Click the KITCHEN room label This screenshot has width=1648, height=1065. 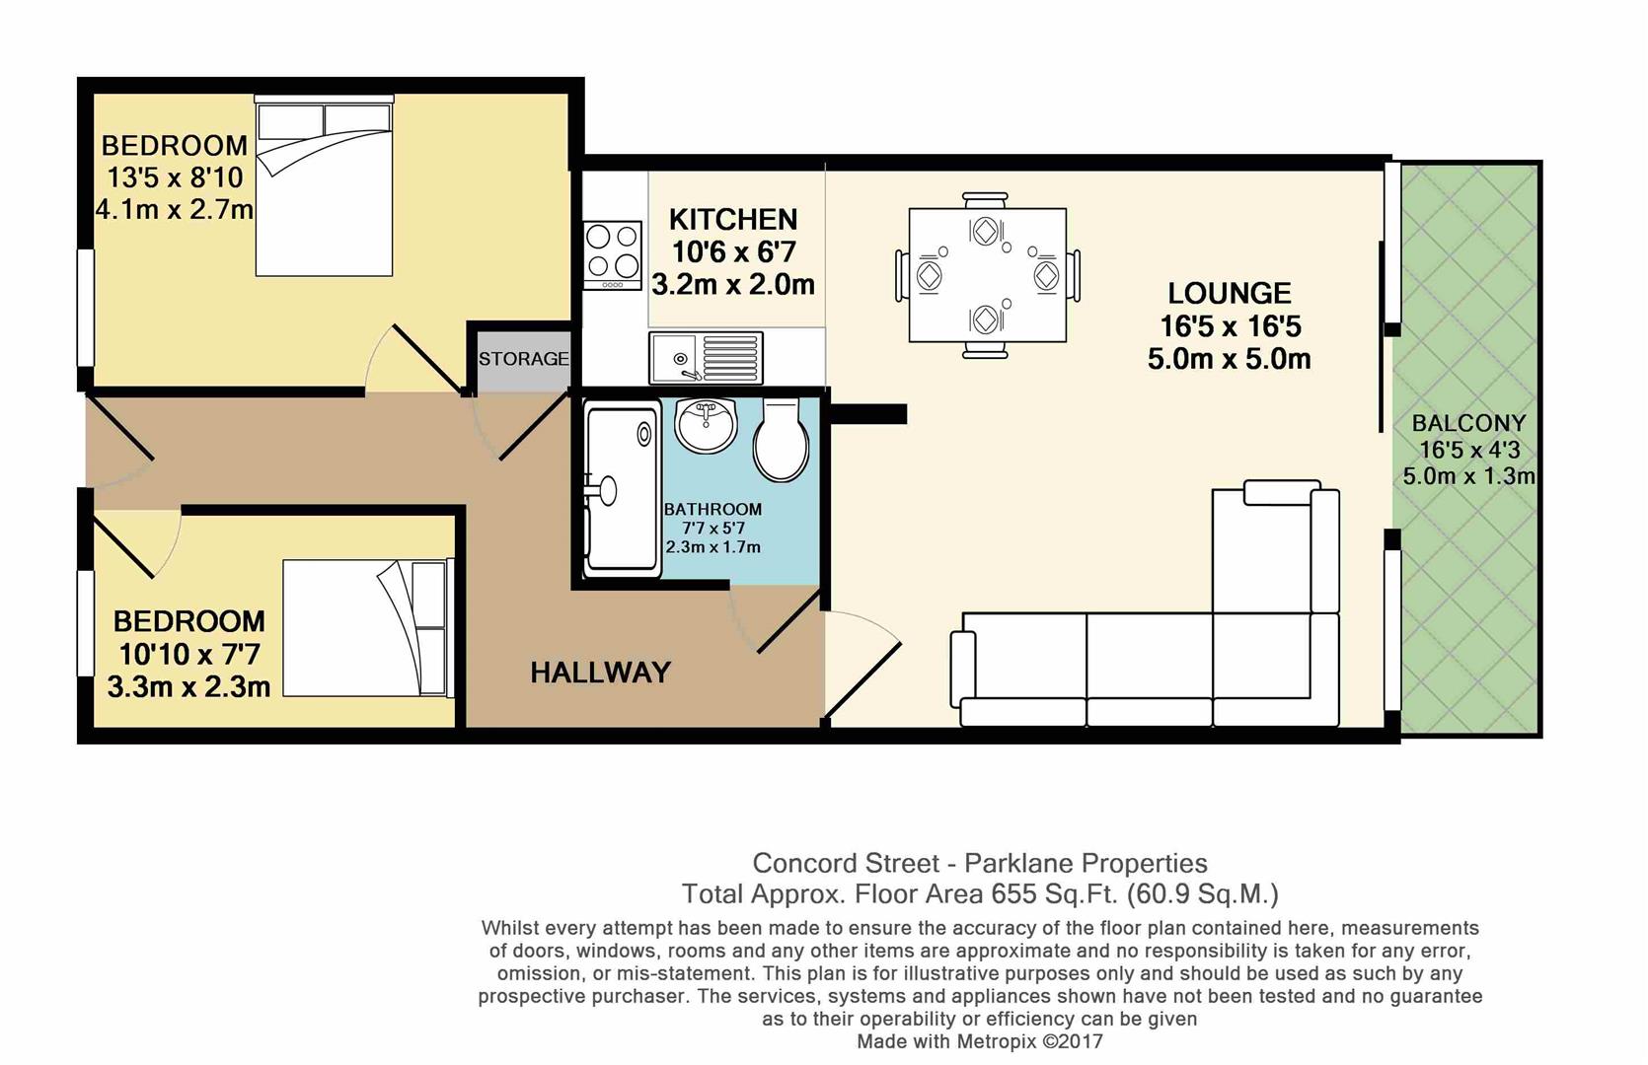pyautogui.click(x=732, y=219)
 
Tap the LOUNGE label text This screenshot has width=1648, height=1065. pyautogui.click(x=1229, y=293)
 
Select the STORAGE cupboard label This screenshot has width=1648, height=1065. pyautogui.click(x=523, y=359)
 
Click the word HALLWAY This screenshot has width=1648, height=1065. pyautogui.click(x=600, y=673)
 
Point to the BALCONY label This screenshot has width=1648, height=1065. pyautogui.click(x=1468, y=423)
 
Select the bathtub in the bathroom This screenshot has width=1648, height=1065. pyautogui.click(x=622, y=488)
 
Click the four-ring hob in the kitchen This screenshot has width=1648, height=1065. pyautogui.click(x=612, y=253)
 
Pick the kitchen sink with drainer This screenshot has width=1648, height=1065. pyautogui.click(x=706, y=357)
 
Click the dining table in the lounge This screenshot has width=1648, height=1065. pyautogui.click(x=987, y=274)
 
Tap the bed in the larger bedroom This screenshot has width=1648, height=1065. pyautogui.click(x=324, y=187)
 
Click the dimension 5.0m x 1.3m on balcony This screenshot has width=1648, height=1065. pyautogui.click(x=1468, y=476)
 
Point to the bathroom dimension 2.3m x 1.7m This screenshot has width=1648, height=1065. pyautogui.click(x=712, y=547)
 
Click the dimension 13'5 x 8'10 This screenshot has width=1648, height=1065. pyautogui.click(x=175, y=177)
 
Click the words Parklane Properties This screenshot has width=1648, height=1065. pyautogui.click(x=1086, y=863)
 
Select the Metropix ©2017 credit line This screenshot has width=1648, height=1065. pyautogui.click(x=979, y=1041)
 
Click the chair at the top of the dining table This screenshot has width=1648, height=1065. pyautogui.click(x=986, y=199)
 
